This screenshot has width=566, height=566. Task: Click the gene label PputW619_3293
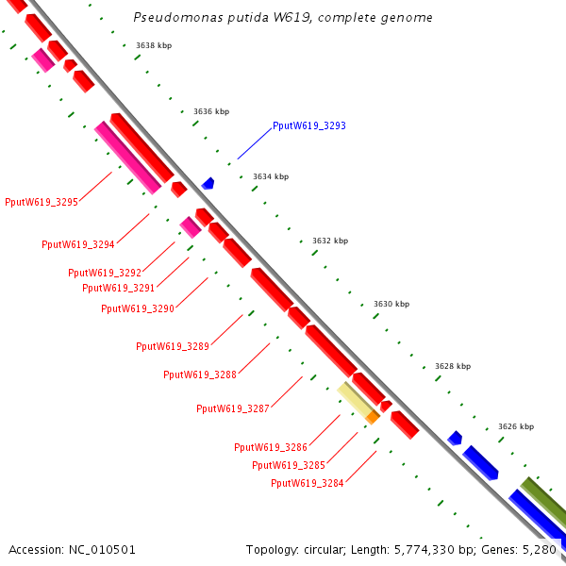coord(308,125)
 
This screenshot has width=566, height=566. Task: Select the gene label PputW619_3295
coord(41,202)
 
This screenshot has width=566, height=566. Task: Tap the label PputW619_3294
coord(78,245)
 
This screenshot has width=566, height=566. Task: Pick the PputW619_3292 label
coord(104,274)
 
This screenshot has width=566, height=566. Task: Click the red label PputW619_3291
coord(118,289)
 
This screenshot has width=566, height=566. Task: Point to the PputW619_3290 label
coord(137,308)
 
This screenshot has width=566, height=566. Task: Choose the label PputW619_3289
coord(173,346)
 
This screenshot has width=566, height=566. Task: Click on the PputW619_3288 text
coord(200,375)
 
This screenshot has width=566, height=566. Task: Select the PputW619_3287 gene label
coord(233,408)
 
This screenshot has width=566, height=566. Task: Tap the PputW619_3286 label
coord(271,447)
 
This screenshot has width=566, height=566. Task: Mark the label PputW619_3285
coord(289,465)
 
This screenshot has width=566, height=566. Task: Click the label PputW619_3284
coord(308,483)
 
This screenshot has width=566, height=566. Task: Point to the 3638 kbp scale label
coord(154,45)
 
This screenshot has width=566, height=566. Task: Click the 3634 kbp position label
coord(271,176)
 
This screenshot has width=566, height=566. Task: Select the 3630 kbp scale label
coord(391,304)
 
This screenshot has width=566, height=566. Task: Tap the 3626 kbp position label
coord(516,426)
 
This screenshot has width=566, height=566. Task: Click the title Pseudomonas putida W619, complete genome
coord(283,18)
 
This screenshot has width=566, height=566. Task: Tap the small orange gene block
coord(373,416)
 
